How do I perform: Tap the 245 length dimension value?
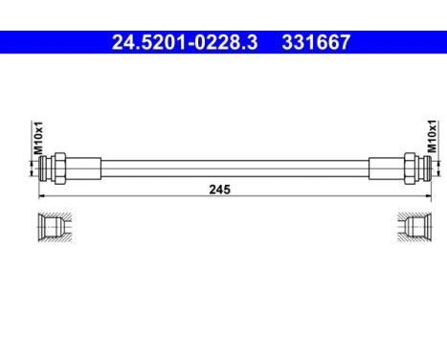[x=223, y=190]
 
